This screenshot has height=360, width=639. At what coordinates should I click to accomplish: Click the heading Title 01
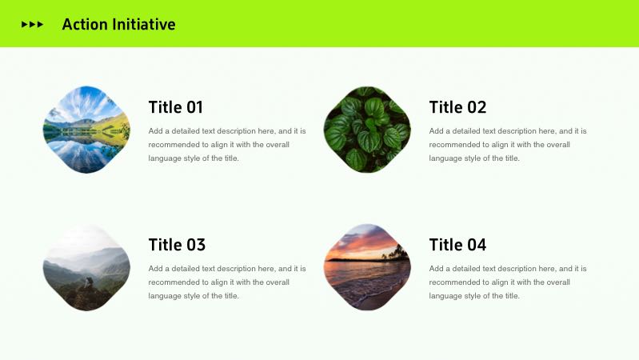point(176,107)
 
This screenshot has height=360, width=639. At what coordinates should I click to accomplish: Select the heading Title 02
point(457,107)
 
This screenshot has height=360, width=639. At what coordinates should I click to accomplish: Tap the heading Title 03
point(177,245)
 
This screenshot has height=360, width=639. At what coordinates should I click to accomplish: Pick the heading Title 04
point(457,245)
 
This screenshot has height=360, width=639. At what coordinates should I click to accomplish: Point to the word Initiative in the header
point(143,25)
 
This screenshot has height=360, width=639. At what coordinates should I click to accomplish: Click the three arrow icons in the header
point(32,25)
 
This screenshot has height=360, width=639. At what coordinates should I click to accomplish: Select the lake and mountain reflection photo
point(86,130)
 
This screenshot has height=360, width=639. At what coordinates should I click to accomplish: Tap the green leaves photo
point(367,130)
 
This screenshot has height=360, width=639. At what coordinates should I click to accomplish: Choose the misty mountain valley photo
point(86,267)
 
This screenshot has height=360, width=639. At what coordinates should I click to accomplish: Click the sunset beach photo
point(367,267)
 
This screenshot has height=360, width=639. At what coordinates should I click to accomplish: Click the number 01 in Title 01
point(195,107)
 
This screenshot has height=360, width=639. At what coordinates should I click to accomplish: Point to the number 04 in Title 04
point(477,245)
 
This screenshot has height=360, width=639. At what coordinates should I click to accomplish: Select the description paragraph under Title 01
point(227,145)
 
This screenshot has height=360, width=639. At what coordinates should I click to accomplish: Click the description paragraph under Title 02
point(508,145)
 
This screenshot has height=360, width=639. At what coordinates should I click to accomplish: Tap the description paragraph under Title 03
point(227,282)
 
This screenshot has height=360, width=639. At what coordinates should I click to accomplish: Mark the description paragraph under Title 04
point(508,282)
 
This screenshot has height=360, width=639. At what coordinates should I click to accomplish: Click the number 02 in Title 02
point(477,107)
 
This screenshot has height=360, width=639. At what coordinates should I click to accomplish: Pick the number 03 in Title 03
point(196,245)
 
